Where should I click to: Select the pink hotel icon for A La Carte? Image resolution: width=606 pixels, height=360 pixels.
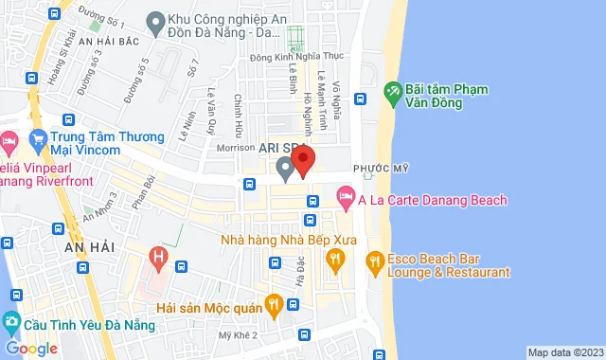[x=346, y=200]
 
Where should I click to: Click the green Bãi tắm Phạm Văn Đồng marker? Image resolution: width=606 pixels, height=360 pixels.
[x=391, y=92]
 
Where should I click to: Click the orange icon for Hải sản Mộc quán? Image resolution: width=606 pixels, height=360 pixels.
[x=274, y=304]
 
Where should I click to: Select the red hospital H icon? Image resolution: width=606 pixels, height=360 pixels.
[x=158, y=256]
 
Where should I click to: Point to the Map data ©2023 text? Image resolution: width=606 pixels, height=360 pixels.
[x=564, y=352]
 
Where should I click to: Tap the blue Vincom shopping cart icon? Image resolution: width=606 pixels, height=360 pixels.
[x=39, y=141]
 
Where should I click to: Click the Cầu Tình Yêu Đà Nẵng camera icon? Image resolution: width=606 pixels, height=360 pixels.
[x=10, y=320]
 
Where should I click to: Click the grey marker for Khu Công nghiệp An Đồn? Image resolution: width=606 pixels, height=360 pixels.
[x=154, y=20]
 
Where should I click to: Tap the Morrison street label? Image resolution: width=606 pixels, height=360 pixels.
[x=237, y=149]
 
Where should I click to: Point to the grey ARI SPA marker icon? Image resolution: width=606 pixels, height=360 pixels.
[x=284, y=169]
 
